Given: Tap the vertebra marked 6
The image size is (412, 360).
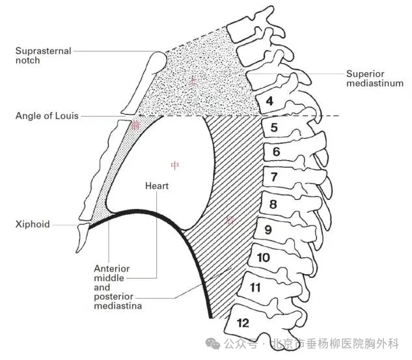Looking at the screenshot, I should click(277, 152).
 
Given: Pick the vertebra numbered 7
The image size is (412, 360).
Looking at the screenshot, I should click(274, 177).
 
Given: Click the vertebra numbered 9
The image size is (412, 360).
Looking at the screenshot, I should click(267, 230).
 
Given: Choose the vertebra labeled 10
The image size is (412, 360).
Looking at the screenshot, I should click(263, 258).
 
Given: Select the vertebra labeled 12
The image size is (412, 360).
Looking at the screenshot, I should click(242, 322).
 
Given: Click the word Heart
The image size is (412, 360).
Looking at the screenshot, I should click(157, 186).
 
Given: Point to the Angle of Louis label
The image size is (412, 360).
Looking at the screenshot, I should click(48, 117).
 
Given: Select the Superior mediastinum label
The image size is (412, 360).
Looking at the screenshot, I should click(374, 78).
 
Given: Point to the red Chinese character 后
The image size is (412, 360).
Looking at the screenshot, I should click(230, 220).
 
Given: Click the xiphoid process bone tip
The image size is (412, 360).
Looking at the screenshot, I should click(83, 238).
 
